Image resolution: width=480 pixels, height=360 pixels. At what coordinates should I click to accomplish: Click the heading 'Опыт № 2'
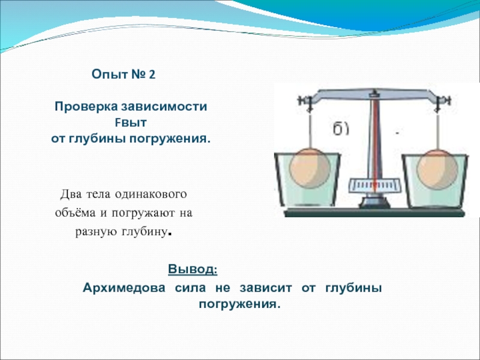coord(124,74)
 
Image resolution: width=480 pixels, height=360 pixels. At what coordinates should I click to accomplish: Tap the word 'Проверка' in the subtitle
coord(86,107)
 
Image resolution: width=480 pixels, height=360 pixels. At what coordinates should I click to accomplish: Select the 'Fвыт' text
coord(131,123)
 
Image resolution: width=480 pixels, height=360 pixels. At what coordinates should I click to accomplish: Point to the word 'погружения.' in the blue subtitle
coord(170,139)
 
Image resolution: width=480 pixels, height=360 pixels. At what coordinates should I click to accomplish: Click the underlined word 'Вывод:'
coord(193,269)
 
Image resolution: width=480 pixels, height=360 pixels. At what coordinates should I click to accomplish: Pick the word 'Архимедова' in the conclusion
coord(124,288)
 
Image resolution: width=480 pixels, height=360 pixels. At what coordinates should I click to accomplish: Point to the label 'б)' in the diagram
coord(341,129)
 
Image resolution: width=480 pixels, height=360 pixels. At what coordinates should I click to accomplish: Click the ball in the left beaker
coord(310,168)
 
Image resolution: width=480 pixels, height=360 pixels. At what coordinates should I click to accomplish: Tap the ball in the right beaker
coord(437,170)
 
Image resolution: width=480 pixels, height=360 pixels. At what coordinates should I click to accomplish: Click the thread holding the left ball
coord(310,131)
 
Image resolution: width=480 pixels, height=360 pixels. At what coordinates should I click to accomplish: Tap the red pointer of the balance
coord(374,144)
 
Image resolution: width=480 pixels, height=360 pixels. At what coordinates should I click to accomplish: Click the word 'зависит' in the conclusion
coord(266,288)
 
